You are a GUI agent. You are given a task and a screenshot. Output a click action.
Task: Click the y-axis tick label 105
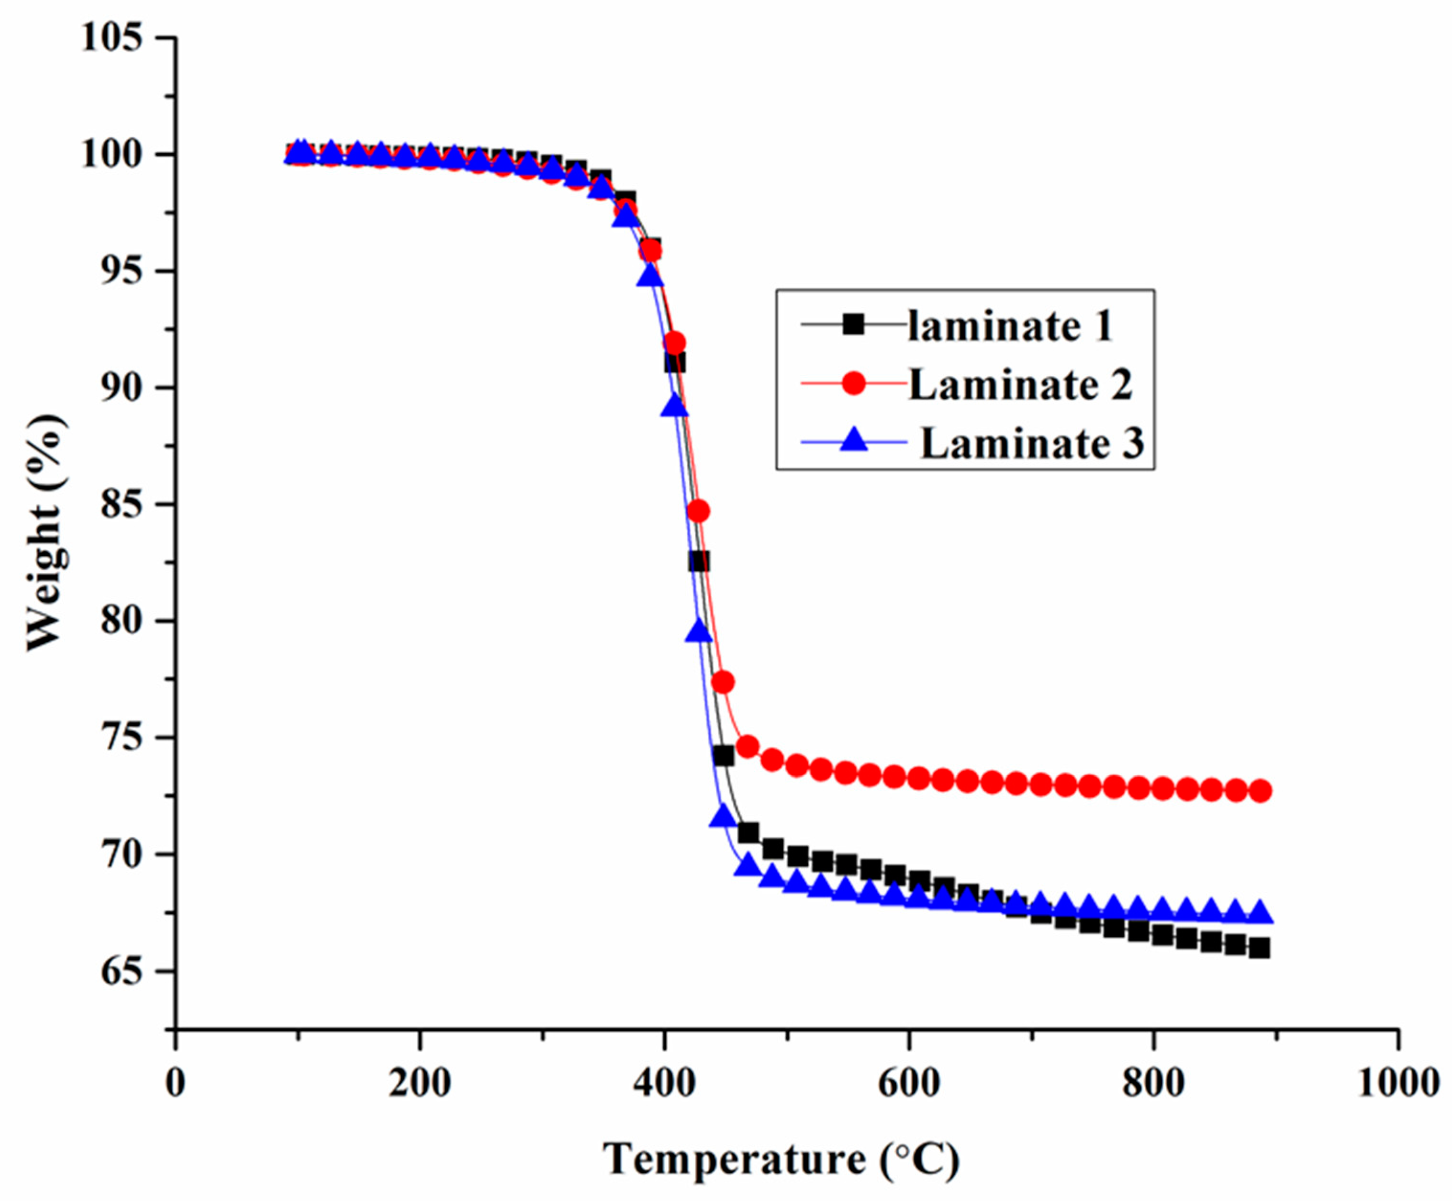click(x=112, y=37)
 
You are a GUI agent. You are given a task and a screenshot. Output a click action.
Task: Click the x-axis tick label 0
click(x=176, y=1083)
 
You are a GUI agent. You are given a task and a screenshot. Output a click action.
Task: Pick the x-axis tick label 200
click(x=420, y=1083)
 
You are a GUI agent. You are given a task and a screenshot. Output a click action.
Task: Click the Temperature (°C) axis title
click(x=782, y=1159)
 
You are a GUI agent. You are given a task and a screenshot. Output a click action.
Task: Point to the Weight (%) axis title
click(x=47, y=532)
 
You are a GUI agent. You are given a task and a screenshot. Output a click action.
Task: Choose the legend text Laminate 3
click(x=1032, y=443)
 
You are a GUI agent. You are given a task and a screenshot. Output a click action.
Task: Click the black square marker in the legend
click(x=855, y=324)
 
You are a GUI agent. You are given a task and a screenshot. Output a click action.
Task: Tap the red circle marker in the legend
click(x=855, y=382)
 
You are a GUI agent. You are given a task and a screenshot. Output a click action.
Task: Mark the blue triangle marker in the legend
click(x=855, y=440)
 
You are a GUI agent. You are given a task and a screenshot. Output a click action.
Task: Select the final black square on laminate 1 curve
click(x=1260, y=948)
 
